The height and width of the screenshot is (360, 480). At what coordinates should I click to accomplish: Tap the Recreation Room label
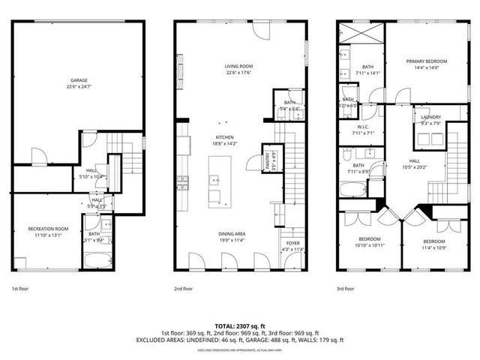48,227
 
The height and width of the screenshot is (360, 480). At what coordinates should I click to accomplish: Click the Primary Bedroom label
427,61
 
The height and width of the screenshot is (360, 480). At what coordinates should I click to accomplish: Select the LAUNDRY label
430,117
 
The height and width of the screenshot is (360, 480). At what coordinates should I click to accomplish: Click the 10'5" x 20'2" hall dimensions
415,168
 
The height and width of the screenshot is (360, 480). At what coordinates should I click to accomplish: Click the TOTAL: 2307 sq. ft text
239,326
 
